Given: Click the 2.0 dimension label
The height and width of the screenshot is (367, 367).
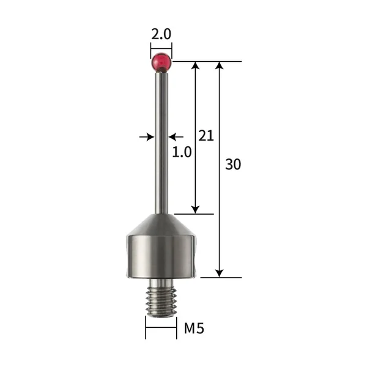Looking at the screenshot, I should (x=161, y=35).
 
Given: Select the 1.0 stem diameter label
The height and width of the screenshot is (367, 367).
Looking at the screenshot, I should (x=182, y=152).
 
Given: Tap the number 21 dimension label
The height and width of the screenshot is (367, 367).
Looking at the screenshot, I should (x=206, y=136).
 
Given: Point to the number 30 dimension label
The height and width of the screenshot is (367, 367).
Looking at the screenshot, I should (x=232, y=164).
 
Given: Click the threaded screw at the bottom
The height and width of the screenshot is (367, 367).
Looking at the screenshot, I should (x=161, y=299).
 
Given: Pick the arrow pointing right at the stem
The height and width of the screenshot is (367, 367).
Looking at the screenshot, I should (x=147, y=136).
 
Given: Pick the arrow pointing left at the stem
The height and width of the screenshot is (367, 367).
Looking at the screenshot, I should (x=176, y=136).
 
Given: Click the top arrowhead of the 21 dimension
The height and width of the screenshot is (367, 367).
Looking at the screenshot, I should (x=196, y=65).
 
